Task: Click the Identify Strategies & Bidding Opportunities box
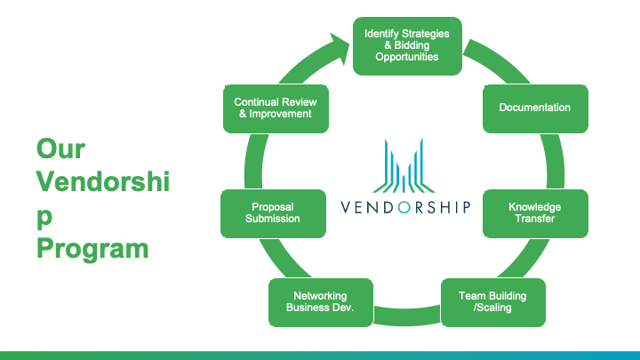pos(407,45)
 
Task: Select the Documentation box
pos(535,108)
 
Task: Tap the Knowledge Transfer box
pos(535,213)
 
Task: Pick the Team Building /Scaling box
pos(493,302)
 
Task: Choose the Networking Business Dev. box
pos(320,302)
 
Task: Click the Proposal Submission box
pos(273,213)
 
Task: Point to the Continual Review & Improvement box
pos(276,108)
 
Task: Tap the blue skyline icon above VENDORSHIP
pos(404,165)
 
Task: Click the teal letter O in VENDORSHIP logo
pos(404,207)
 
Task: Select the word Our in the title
pos(60,148)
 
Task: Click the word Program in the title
pos(92,248)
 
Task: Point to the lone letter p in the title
pos(44,217)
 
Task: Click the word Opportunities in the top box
pos(407,57)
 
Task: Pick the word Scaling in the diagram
pos(494,308)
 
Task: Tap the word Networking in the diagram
pos(320,296)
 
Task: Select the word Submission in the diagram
pos(273,219)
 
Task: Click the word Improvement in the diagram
pos(280,114)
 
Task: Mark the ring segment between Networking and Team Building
pos(407,316)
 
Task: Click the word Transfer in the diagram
pos(535,219)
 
